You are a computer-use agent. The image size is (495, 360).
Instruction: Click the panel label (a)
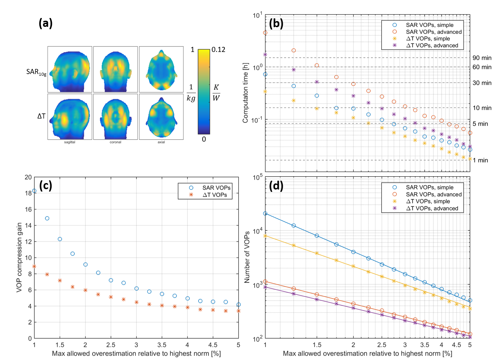(45, 23)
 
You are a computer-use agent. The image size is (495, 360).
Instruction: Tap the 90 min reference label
(482, 58)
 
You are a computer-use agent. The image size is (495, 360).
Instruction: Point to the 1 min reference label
(480, 160)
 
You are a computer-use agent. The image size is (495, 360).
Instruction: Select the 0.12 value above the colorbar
(218, 50)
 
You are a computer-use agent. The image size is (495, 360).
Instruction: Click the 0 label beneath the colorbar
(204, 139)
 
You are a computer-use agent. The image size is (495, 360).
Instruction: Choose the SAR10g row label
(36, 72)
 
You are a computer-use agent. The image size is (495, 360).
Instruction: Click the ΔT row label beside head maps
(41, 116)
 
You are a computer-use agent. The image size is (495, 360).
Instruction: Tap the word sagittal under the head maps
(70, 142)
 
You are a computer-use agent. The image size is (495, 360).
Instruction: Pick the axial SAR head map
(161, 69)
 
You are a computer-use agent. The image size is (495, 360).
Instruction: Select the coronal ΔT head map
(115, 116)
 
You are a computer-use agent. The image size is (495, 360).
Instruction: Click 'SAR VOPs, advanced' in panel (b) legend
(434, 32)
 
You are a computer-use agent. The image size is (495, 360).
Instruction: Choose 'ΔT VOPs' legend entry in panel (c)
(215, 195)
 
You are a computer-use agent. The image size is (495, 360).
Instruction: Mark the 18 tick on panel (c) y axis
(28, 193)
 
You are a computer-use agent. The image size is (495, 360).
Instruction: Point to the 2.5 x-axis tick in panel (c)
(111, 345)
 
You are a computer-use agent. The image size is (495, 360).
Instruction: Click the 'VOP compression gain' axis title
(19, 257)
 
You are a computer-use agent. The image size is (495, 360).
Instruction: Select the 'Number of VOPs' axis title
(247, 257)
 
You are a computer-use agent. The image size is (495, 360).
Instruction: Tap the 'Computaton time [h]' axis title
(245, 93)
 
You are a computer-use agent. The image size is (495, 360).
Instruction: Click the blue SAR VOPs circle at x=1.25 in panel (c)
(47, 218)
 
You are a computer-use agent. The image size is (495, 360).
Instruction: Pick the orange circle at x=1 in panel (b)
(265, 33)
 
